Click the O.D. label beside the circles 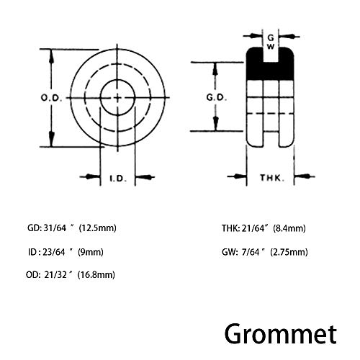pos(51,98)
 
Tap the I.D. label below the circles pos(118,179)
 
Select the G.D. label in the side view pos(216,97)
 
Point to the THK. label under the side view pos(272,178)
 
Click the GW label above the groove pos(271,42)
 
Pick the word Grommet pos(280,334)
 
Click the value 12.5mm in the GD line pos(98,228)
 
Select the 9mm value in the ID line pos(91,252)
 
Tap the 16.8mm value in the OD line pos(96,274)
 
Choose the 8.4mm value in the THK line pos(289,228)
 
